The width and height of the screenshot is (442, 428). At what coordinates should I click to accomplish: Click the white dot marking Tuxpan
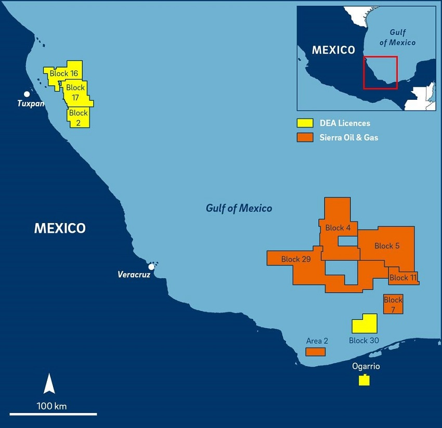pyautogui.click(x=27, y=94)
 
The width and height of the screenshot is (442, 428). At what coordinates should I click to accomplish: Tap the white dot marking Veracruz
pyautogui.click(x=151, y=267)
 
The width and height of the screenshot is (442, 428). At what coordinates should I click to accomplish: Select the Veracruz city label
pyautogui.click(x=134, y=275)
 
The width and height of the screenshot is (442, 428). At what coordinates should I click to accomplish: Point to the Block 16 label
pyautogui.click(x=63, y=74)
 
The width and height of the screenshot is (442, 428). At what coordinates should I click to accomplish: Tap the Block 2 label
pyautogui.click(x=79, y=116)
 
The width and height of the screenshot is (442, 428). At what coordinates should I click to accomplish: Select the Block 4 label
pyautogui.click(x=338, y=228)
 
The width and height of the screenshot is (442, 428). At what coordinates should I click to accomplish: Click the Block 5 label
pyautogui.click(x=387, y=246)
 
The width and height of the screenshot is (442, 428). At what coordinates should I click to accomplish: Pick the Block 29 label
pyautogui.click(x=296, y=259)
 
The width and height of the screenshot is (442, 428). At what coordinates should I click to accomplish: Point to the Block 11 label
pyautogui.click(x=403, y=278)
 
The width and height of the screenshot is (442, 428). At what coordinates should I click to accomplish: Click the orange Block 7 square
pyautogui.click(x=393, y=304)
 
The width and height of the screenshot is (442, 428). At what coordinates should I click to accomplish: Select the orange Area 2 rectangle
pyautogui.click(x=315, y=352)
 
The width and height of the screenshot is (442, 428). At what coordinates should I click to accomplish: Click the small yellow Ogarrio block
pyautogui.click(x=364, y=380)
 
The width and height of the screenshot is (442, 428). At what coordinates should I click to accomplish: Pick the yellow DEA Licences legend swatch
pyautogui.click(x=305, y=123)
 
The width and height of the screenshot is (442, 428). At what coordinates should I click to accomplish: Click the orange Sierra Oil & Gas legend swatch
pyautogui.click(x=305, y=137)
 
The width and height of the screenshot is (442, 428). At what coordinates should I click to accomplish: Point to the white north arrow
pyautogui.click(x=49, y=384)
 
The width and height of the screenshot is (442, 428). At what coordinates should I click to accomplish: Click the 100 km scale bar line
pyautogui.click(x=53, y=414)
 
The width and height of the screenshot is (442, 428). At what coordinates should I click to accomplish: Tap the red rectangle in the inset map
pyautogui.click(x=380, y=72)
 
